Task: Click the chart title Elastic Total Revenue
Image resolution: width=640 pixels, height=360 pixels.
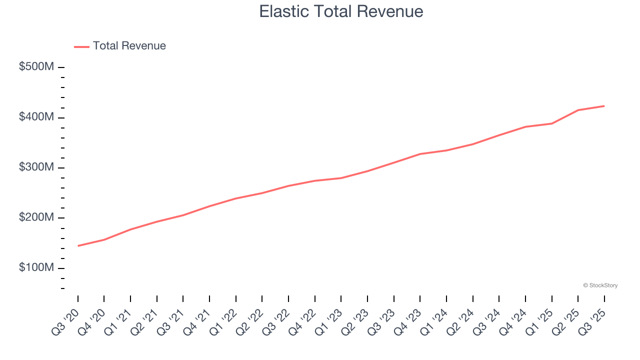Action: (341, 11)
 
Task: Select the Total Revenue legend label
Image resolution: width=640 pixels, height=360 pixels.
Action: (129, 46)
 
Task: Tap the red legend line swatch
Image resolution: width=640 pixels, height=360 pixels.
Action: (82, 46)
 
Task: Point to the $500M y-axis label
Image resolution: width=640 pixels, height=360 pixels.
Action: (36, 67)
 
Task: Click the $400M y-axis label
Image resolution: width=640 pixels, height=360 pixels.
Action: (36, 117)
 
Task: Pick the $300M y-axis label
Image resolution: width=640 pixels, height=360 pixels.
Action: (36, 167)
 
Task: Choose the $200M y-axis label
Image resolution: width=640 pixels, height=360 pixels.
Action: (36, 217)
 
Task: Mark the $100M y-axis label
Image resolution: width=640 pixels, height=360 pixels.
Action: (36, 268)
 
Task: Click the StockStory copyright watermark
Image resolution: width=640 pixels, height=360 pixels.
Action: (600, 285)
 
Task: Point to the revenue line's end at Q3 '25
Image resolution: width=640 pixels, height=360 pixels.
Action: (604, 106)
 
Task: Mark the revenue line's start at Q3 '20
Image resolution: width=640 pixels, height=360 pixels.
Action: (78, 246)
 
